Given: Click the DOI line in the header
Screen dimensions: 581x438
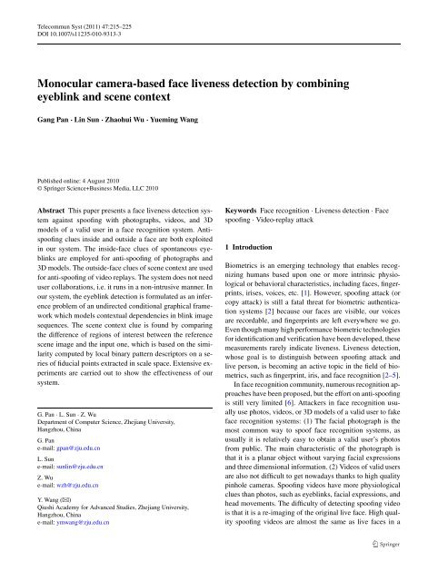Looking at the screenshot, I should [82, 27].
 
